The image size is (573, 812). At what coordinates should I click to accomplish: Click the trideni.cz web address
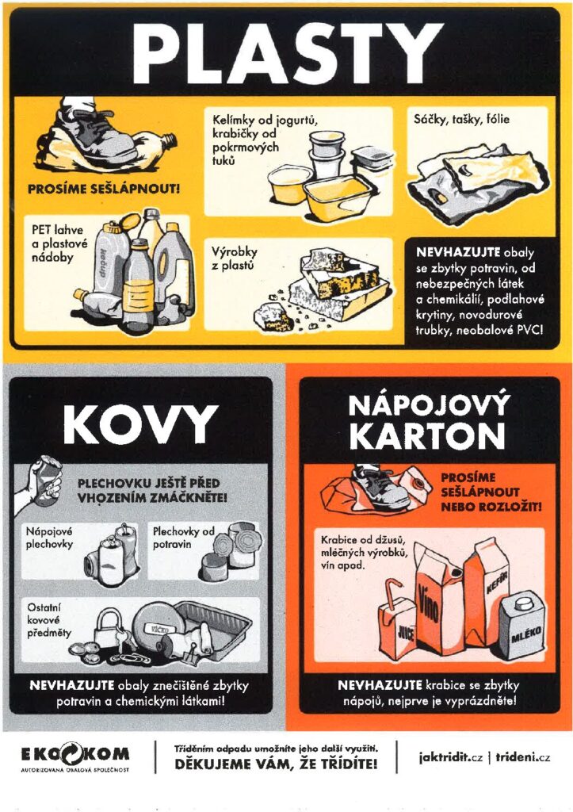[x=523, y=756]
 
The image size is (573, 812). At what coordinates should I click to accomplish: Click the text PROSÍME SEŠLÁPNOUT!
[x=104, y=189]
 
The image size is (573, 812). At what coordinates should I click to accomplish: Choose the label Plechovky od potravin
[x=183, y=537]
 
